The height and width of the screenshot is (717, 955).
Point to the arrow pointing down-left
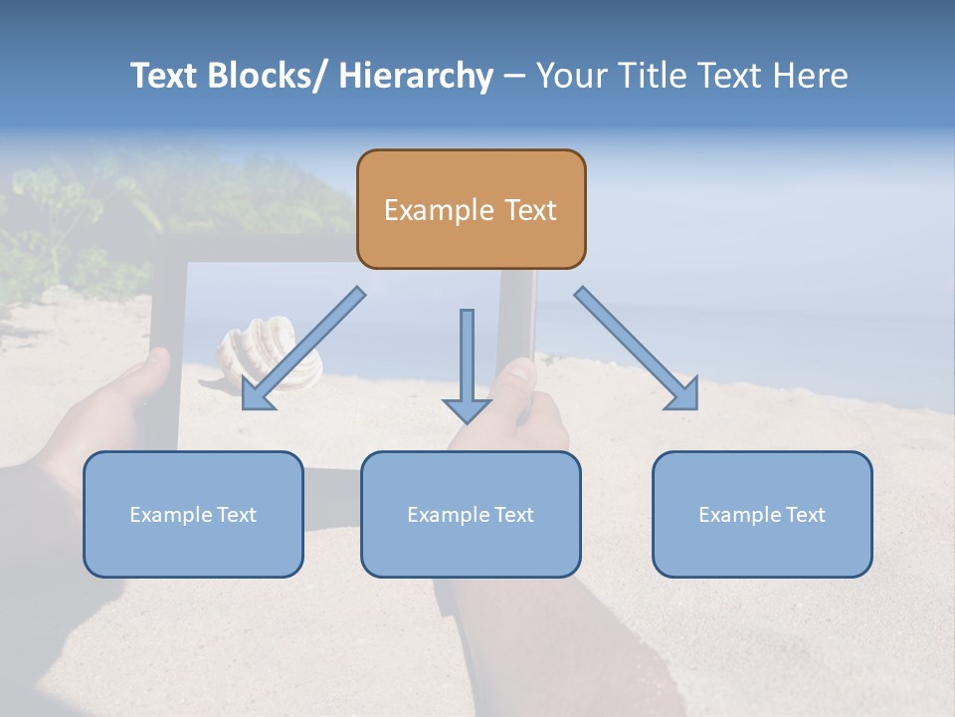pyautogui.click(x=303, y=349)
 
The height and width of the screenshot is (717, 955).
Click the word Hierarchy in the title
pyautogui.click(x=416, y=76)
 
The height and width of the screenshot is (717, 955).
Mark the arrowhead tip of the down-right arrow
pyautogui.click(x=695, y=407)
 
